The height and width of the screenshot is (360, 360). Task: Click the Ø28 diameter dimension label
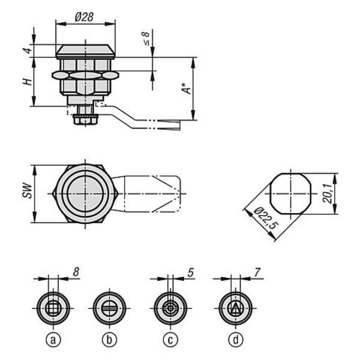(x=84, y=17)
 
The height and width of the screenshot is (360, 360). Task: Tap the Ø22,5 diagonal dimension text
(x=266, y=218)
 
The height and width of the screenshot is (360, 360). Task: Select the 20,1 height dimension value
(x=328, y=194)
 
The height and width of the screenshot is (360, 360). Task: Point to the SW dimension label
(x=28, y=190)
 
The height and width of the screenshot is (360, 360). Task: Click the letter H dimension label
(x=28, y=82)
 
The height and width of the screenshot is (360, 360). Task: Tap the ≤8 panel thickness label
(x=146, y=38)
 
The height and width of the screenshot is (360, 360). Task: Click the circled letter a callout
(x=53, y=340)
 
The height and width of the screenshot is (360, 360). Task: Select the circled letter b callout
(x=109, y=340)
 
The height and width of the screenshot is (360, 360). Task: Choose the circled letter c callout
(x=170, y=340)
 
